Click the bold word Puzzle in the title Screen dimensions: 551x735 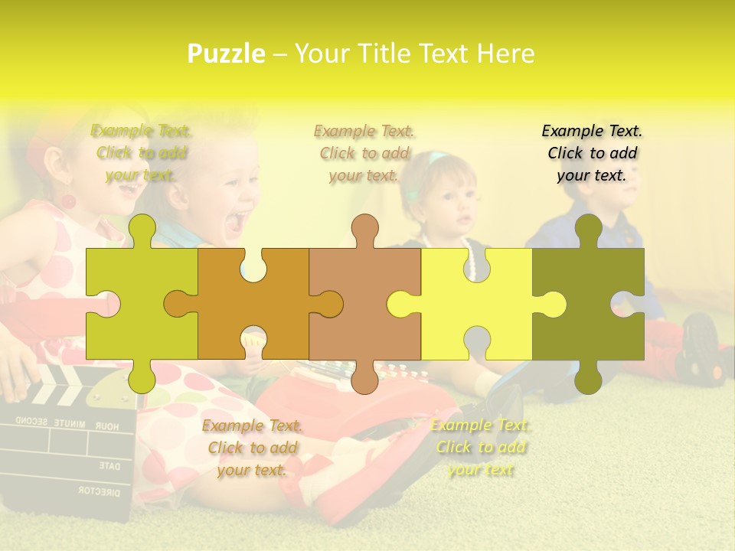[227, 54]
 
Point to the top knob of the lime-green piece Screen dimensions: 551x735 [142, 228]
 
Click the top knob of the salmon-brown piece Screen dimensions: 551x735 [364, 228]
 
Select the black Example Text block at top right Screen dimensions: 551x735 [592, 153]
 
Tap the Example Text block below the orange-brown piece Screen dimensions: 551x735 [252, 448]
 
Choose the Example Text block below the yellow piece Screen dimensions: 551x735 [480, 447]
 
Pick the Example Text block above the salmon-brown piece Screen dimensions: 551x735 [364, 153]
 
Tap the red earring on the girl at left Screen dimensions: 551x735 [67, 202]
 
